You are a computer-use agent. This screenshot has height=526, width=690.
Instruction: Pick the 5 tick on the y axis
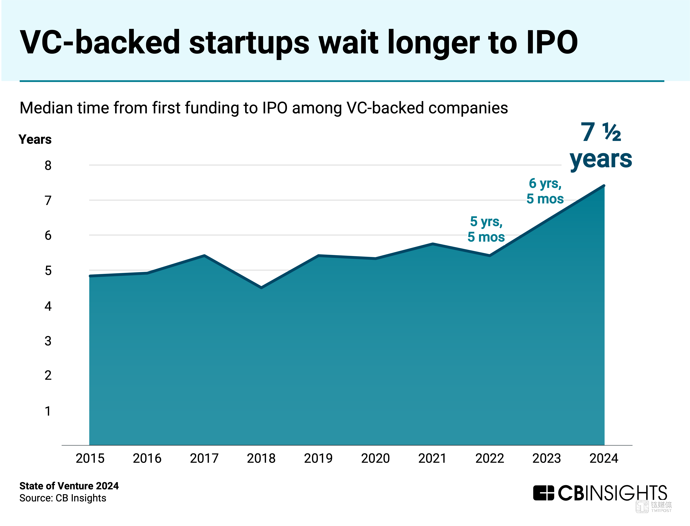click(48, 270)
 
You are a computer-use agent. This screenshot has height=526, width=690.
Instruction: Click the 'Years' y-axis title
click(35, 139)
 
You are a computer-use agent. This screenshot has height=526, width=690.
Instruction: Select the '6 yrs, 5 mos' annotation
click(545, 191)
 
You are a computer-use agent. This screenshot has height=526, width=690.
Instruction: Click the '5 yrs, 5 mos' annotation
click(486, 229)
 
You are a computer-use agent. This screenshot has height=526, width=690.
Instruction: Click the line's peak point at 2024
click(604, 186)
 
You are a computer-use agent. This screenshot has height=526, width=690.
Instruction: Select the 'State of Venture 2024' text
click(69, 486)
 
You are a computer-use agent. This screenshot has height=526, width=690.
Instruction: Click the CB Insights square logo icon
click(544, 493)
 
